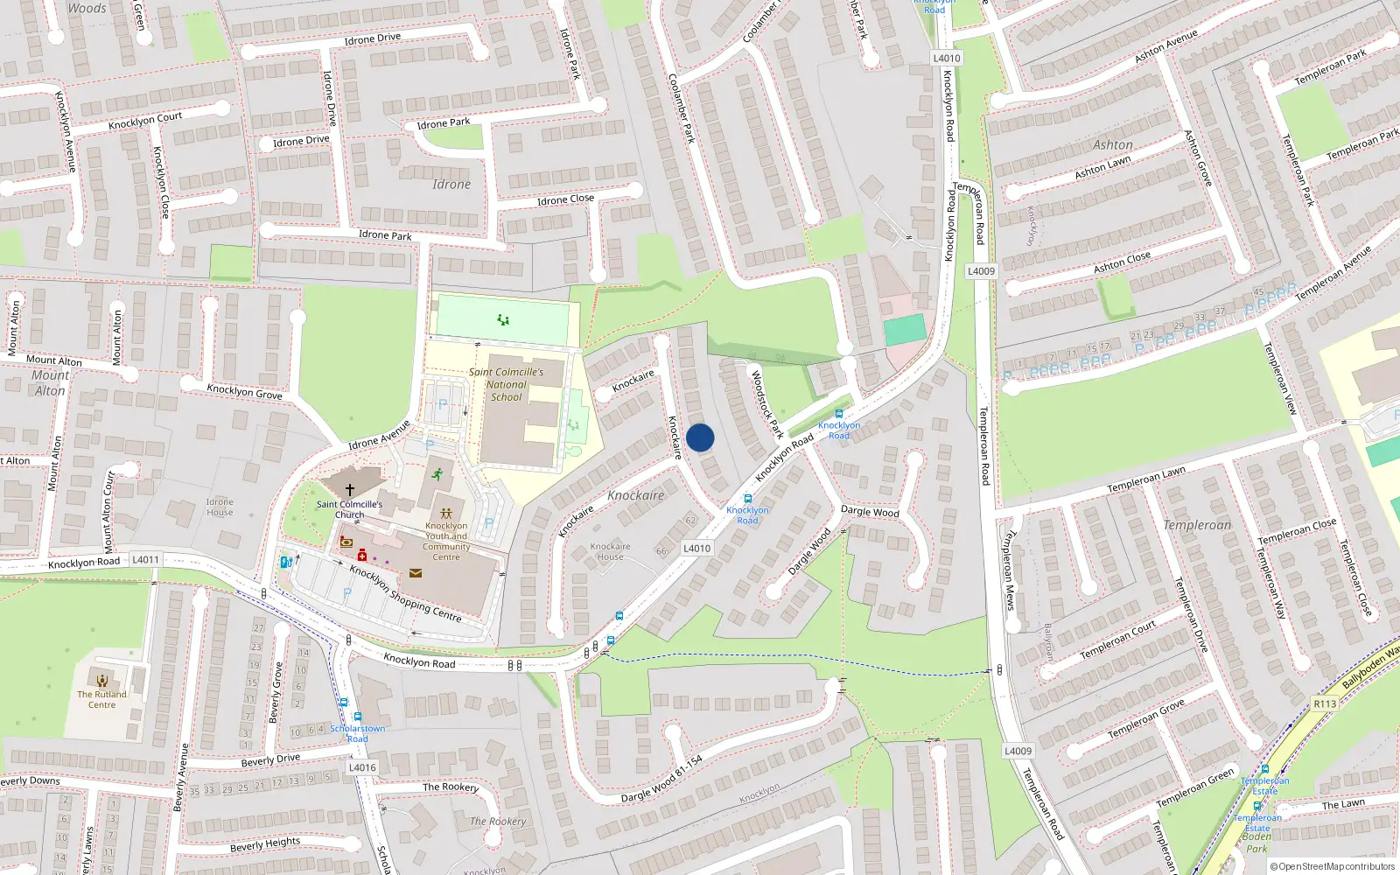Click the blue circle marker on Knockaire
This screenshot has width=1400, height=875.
[x=700, y=437]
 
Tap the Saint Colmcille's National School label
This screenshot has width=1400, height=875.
[x=506, y=384]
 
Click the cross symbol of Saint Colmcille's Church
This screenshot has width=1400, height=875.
[x=350, y=490]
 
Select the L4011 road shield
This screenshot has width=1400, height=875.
[x=146, y=559]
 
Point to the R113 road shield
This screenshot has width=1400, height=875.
[x=1325, y=703]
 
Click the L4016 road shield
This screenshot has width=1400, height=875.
[x=362, y=767]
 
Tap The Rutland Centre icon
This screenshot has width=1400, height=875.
[x=102, y=681]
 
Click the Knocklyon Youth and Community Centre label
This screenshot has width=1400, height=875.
[x=446, y=541]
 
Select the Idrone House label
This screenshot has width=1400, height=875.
[x=220, y=507]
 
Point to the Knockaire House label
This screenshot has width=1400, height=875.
[x=610, y=551]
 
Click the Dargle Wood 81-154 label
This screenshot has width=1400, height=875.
[x=661, y=779]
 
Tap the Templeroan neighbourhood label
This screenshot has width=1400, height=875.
[x=1197, y=525]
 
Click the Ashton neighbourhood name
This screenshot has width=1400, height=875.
[x=1113, y=144]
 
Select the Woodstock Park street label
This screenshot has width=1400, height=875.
[x=767, y=403]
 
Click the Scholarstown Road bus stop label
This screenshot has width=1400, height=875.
[x=357, y=733]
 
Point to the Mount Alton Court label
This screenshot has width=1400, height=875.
[x=109, y=512]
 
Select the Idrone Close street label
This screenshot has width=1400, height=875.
[x=565, y=199]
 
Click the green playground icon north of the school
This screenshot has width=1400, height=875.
[x=503, y=320]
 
